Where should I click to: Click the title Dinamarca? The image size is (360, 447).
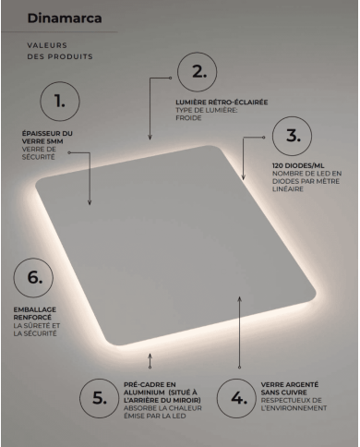65,18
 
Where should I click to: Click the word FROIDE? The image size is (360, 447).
188,118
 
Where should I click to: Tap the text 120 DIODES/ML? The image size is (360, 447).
298,165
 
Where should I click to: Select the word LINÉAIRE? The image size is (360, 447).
288,189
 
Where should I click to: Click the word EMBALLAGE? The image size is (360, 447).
35,309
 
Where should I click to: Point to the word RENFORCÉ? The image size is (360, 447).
32,318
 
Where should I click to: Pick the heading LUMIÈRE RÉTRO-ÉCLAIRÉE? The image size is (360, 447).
222,103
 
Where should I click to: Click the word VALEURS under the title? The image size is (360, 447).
47,45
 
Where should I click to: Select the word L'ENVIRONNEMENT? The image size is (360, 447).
294,408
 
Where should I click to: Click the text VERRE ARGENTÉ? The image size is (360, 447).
290,385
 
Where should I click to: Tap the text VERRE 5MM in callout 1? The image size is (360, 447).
42,141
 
